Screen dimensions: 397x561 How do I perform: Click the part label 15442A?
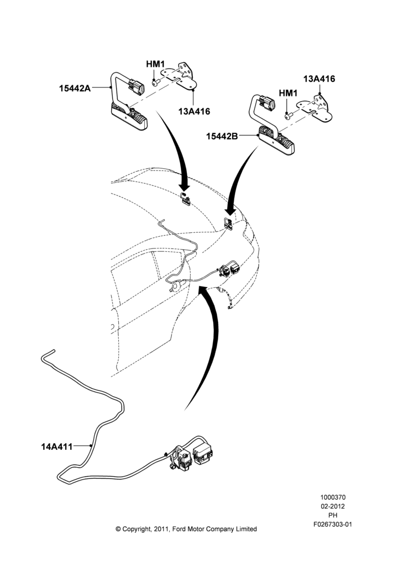(x=75, y=88)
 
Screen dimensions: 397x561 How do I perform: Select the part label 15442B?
(x=221, y=136)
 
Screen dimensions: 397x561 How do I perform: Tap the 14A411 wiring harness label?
(x=57, y=447)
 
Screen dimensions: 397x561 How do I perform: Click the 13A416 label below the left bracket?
(x=194, y=111)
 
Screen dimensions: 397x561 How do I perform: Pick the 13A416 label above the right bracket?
(x=319, y=79)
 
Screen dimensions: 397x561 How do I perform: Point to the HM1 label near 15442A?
(x=155, y=65)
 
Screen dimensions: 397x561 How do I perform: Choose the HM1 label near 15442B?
(x=288, y=93)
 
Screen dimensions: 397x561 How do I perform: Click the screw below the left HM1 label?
(x=155, y=83)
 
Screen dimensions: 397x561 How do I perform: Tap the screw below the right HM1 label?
(x=289, y=116)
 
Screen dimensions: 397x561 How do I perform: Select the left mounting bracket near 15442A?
(x=179, y=76)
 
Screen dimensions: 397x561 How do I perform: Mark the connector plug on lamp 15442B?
(x=267, y=103)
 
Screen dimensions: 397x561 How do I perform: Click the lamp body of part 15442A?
(x=129, y=116)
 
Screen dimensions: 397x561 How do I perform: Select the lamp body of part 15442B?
(x=276, y=141)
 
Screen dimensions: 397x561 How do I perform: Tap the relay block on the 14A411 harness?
(x=203, y=453)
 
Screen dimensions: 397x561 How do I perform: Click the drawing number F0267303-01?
(x=333, y=525)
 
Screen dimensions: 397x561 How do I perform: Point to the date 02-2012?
(x=333, y=506)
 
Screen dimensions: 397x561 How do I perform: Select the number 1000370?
(x=333, y=497)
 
